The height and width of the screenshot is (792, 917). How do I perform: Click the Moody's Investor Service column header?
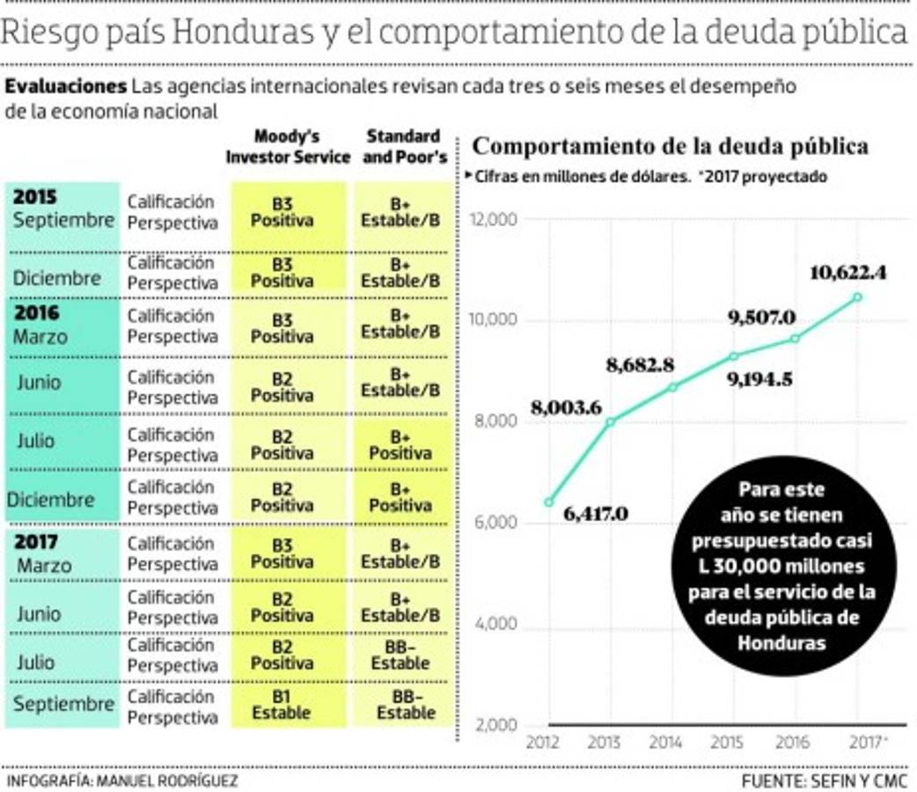click(x=288, y=147)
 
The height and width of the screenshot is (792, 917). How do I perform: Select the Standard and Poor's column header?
click(x=403, y=147)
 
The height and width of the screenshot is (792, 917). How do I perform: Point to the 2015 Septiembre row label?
click(x=63, y=209)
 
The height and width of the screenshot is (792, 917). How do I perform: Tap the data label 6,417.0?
click(x=595, y=514)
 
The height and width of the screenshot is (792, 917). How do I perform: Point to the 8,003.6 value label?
click(x=566, y=407)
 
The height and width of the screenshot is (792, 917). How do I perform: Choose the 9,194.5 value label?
click(x=760, y=379)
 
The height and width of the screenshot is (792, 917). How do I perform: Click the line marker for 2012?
click(x=549, y=502)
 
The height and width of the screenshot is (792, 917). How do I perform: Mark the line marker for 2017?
click(x=857, y=297)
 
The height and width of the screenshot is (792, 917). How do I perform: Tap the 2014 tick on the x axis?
click(x=666, y=743)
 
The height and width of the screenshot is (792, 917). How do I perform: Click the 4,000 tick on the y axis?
click(x=495, y=625)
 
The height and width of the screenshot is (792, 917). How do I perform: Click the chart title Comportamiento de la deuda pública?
click(x=671, y=146)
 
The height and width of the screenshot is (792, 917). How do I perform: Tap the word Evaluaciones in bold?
click(x=66, y=87)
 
